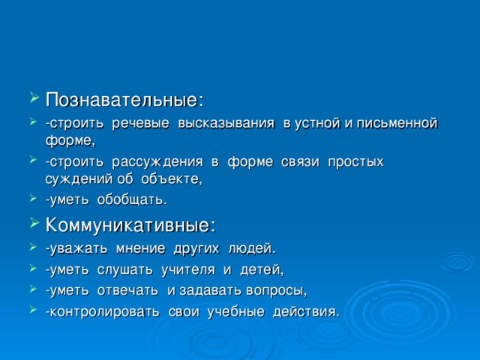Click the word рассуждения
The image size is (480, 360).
(157, 161)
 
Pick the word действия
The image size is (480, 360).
(309, 311)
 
